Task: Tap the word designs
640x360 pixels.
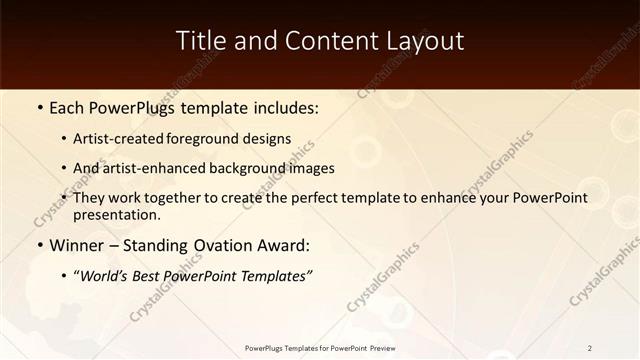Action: (271, 139)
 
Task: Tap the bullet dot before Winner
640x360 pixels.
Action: (39, 245)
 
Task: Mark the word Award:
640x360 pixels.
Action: (281, 245)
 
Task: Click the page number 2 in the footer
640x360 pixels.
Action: (590, 348)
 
